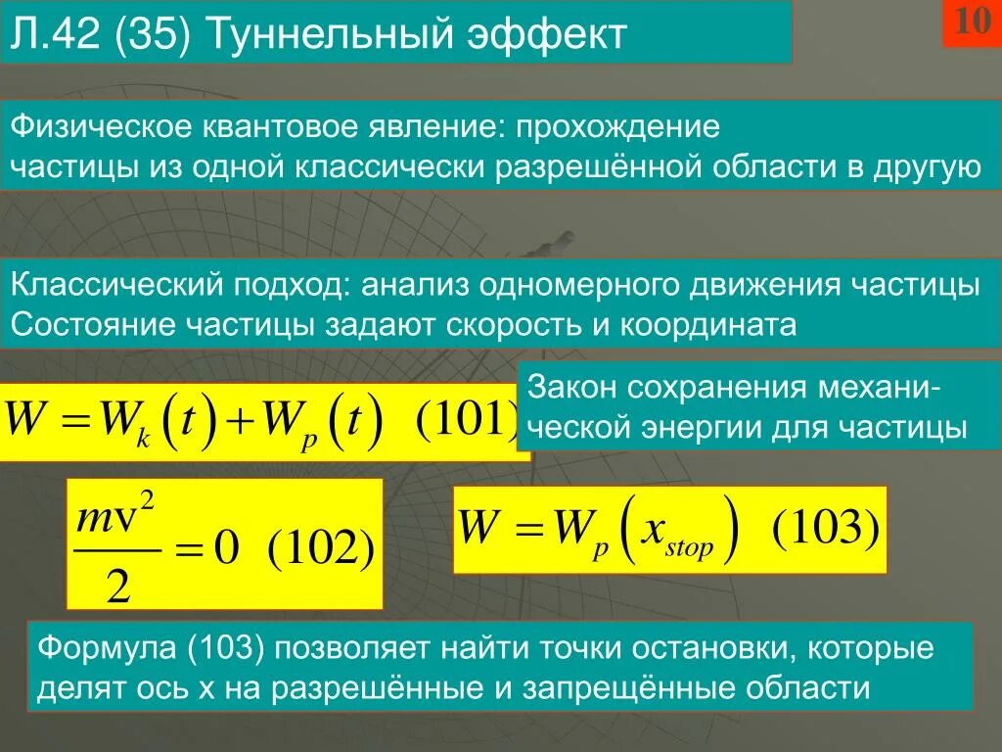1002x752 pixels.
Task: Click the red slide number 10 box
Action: pyautogui.click(x=972, y=23)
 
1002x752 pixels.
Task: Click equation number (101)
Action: pyautogui.click(x=466, y=423)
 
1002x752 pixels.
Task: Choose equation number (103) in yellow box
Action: pyautogui.click(x=827, y=530)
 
